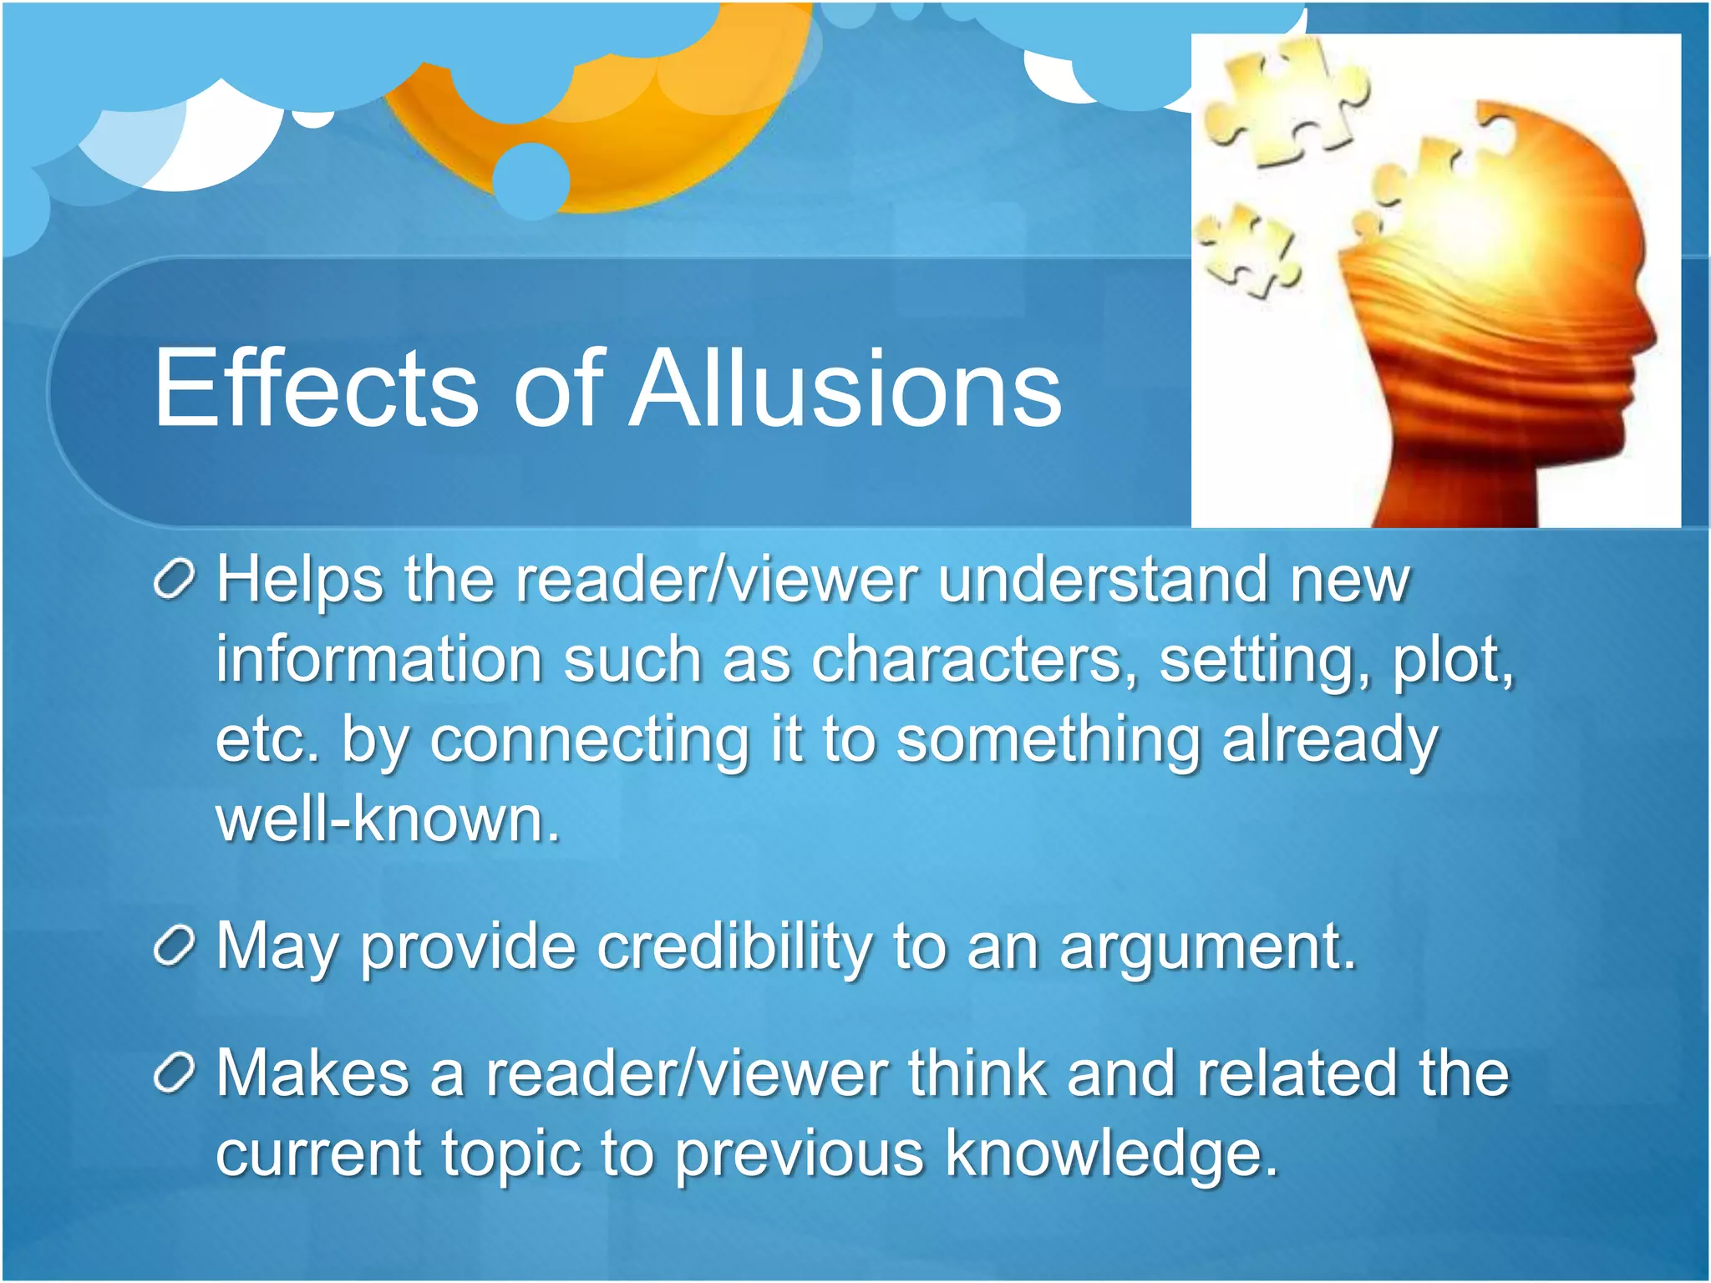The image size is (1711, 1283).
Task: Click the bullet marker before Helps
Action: [x=175, y=579]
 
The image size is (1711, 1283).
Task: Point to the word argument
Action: [x=1207, y=948]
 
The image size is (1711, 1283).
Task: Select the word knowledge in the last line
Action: [x=1111, y=1154]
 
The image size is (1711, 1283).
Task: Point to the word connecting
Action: [x=589, y=740]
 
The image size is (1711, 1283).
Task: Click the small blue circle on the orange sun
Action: [x=531, y=180]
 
